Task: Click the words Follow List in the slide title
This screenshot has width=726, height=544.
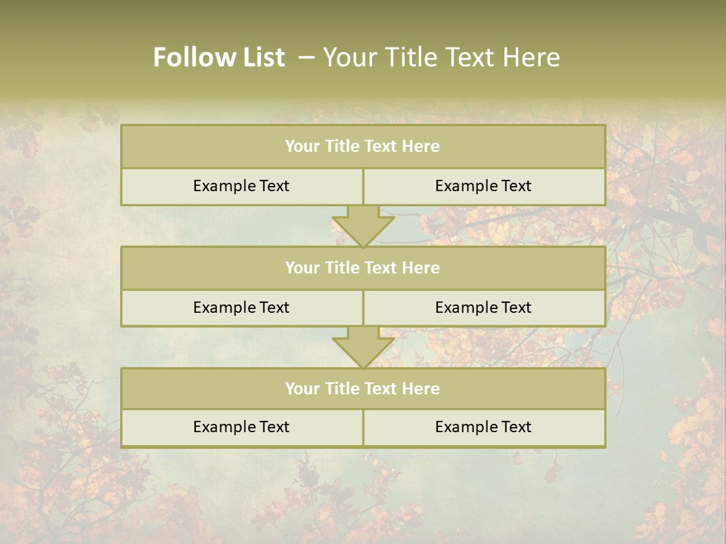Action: tap(219, 57)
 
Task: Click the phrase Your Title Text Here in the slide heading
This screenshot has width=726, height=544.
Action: tap(441, 57)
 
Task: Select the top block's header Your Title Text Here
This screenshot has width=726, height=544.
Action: tap(362, 147)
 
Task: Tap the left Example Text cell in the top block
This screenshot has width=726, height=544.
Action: tap(241, 186)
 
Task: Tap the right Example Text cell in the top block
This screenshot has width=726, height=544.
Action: tap(483, 186)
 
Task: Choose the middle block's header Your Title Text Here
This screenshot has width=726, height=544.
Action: tap(362, 267)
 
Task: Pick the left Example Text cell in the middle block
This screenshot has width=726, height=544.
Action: tap(241, 308)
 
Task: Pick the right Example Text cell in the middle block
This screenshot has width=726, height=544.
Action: tap(483, 308)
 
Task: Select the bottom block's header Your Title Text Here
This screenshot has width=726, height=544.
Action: tap(362, 388)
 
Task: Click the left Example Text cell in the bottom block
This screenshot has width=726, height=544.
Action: tap(241, 427)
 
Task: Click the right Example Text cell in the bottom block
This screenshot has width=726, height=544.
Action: tap(483, 427)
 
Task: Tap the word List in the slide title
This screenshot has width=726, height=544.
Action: tap(260, 57)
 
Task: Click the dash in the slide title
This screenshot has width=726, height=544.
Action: tap(306, 57)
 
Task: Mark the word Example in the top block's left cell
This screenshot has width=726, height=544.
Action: tap(224, 186)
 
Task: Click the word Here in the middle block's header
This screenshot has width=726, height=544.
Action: tap(421, 267)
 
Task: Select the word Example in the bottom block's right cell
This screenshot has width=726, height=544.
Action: tap(466, 427)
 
